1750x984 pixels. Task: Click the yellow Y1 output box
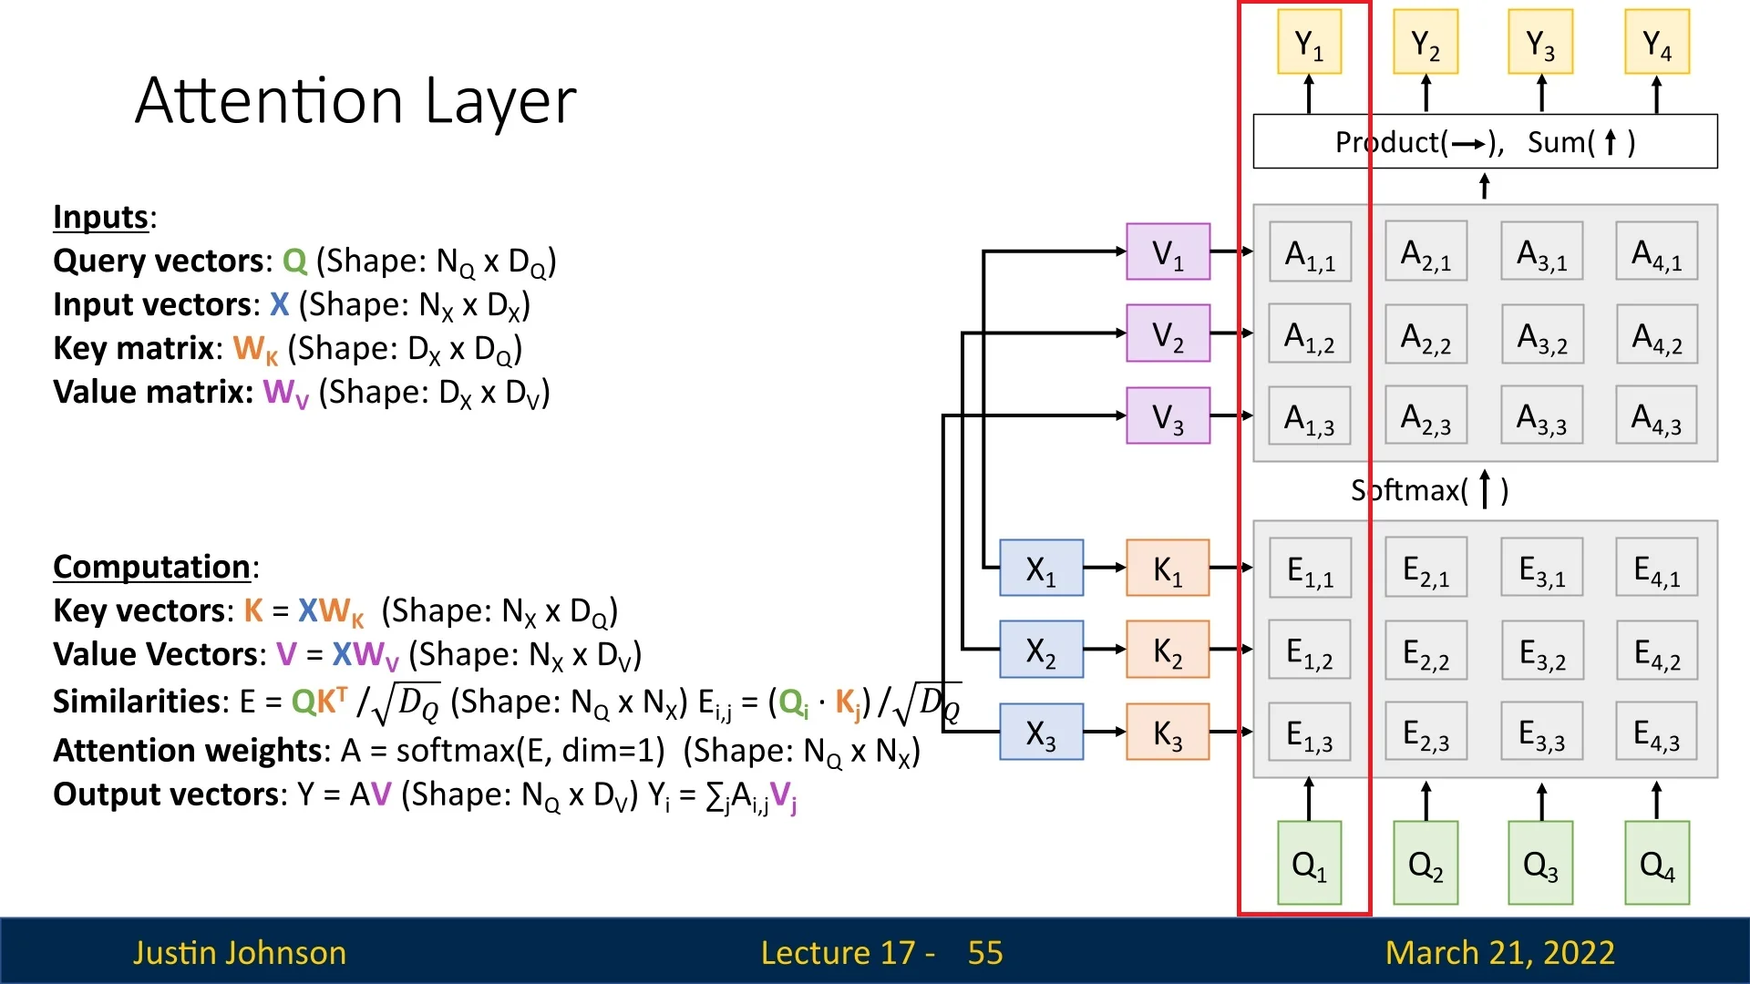pos(1309,42)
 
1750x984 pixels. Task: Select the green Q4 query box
pos(1656,863)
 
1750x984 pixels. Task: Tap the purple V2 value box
pos(1168,333)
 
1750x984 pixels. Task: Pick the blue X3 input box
pos(1041,732)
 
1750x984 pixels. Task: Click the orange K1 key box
pos(1168,568)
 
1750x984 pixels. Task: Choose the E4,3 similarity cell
pos(1656,732)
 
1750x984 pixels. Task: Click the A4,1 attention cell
pos(1656,251)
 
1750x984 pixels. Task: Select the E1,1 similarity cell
pos(1310,568)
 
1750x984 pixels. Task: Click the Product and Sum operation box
pos(1485,141)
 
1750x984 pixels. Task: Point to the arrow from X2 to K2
pos(1105,650)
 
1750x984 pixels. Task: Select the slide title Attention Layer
pos(355,100)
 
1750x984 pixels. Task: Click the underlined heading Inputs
pos(101,217)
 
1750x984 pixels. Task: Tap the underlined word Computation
pos(151,567)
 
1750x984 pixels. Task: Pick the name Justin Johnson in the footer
pos(240,952)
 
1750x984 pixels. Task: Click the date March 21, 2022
pos(1499,952)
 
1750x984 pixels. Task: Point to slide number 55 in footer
pos(984,952)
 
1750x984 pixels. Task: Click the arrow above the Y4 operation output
pos(1656,94)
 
